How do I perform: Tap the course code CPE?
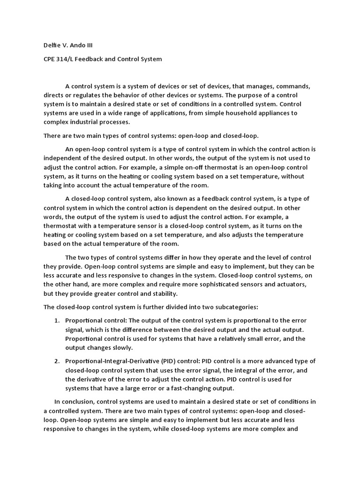coord(50,59)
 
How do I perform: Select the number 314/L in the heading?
coord(69,59)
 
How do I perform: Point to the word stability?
coord(162,293)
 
